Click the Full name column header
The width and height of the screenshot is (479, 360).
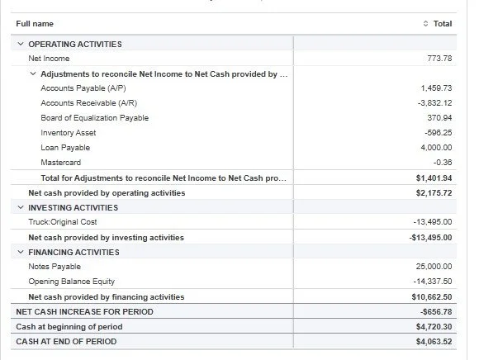pos(35,24)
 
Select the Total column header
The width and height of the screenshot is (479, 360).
pos(442,24)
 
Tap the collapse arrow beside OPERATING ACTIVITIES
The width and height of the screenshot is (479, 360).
pos(20,44)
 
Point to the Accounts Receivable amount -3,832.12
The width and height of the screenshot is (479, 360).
pos(434,103)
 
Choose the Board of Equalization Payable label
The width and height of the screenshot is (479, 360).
pos(94,118)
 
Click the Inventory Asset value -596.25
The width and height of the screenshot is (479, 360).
pos(437,133)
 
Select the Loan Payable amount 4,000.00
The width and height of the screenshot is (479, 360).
pos(435,148)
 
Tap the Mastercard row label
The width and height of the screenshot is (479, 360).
pos(61,163)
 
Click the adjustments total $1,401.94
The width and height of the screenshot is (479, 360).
pos(434,178)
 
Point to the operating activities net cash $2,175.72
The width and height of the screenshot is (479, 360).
pos(434,192)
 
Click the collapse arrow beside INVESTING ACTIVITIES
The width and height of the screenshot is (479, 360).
pos(20,207)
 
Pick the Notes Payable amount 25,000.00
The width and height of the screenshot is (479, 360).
pos(434,267)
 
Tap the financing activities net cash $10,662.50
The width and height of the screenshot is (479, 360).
pos(432,296)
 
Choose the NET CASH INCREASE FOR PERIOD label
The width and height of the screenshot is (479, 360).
pos(84,311)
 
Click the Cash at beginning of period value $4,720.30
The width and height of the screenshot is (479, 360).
pos(434,326)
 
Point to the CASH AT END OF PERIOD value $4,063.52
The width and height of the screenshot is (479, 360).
pos(434,341)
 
